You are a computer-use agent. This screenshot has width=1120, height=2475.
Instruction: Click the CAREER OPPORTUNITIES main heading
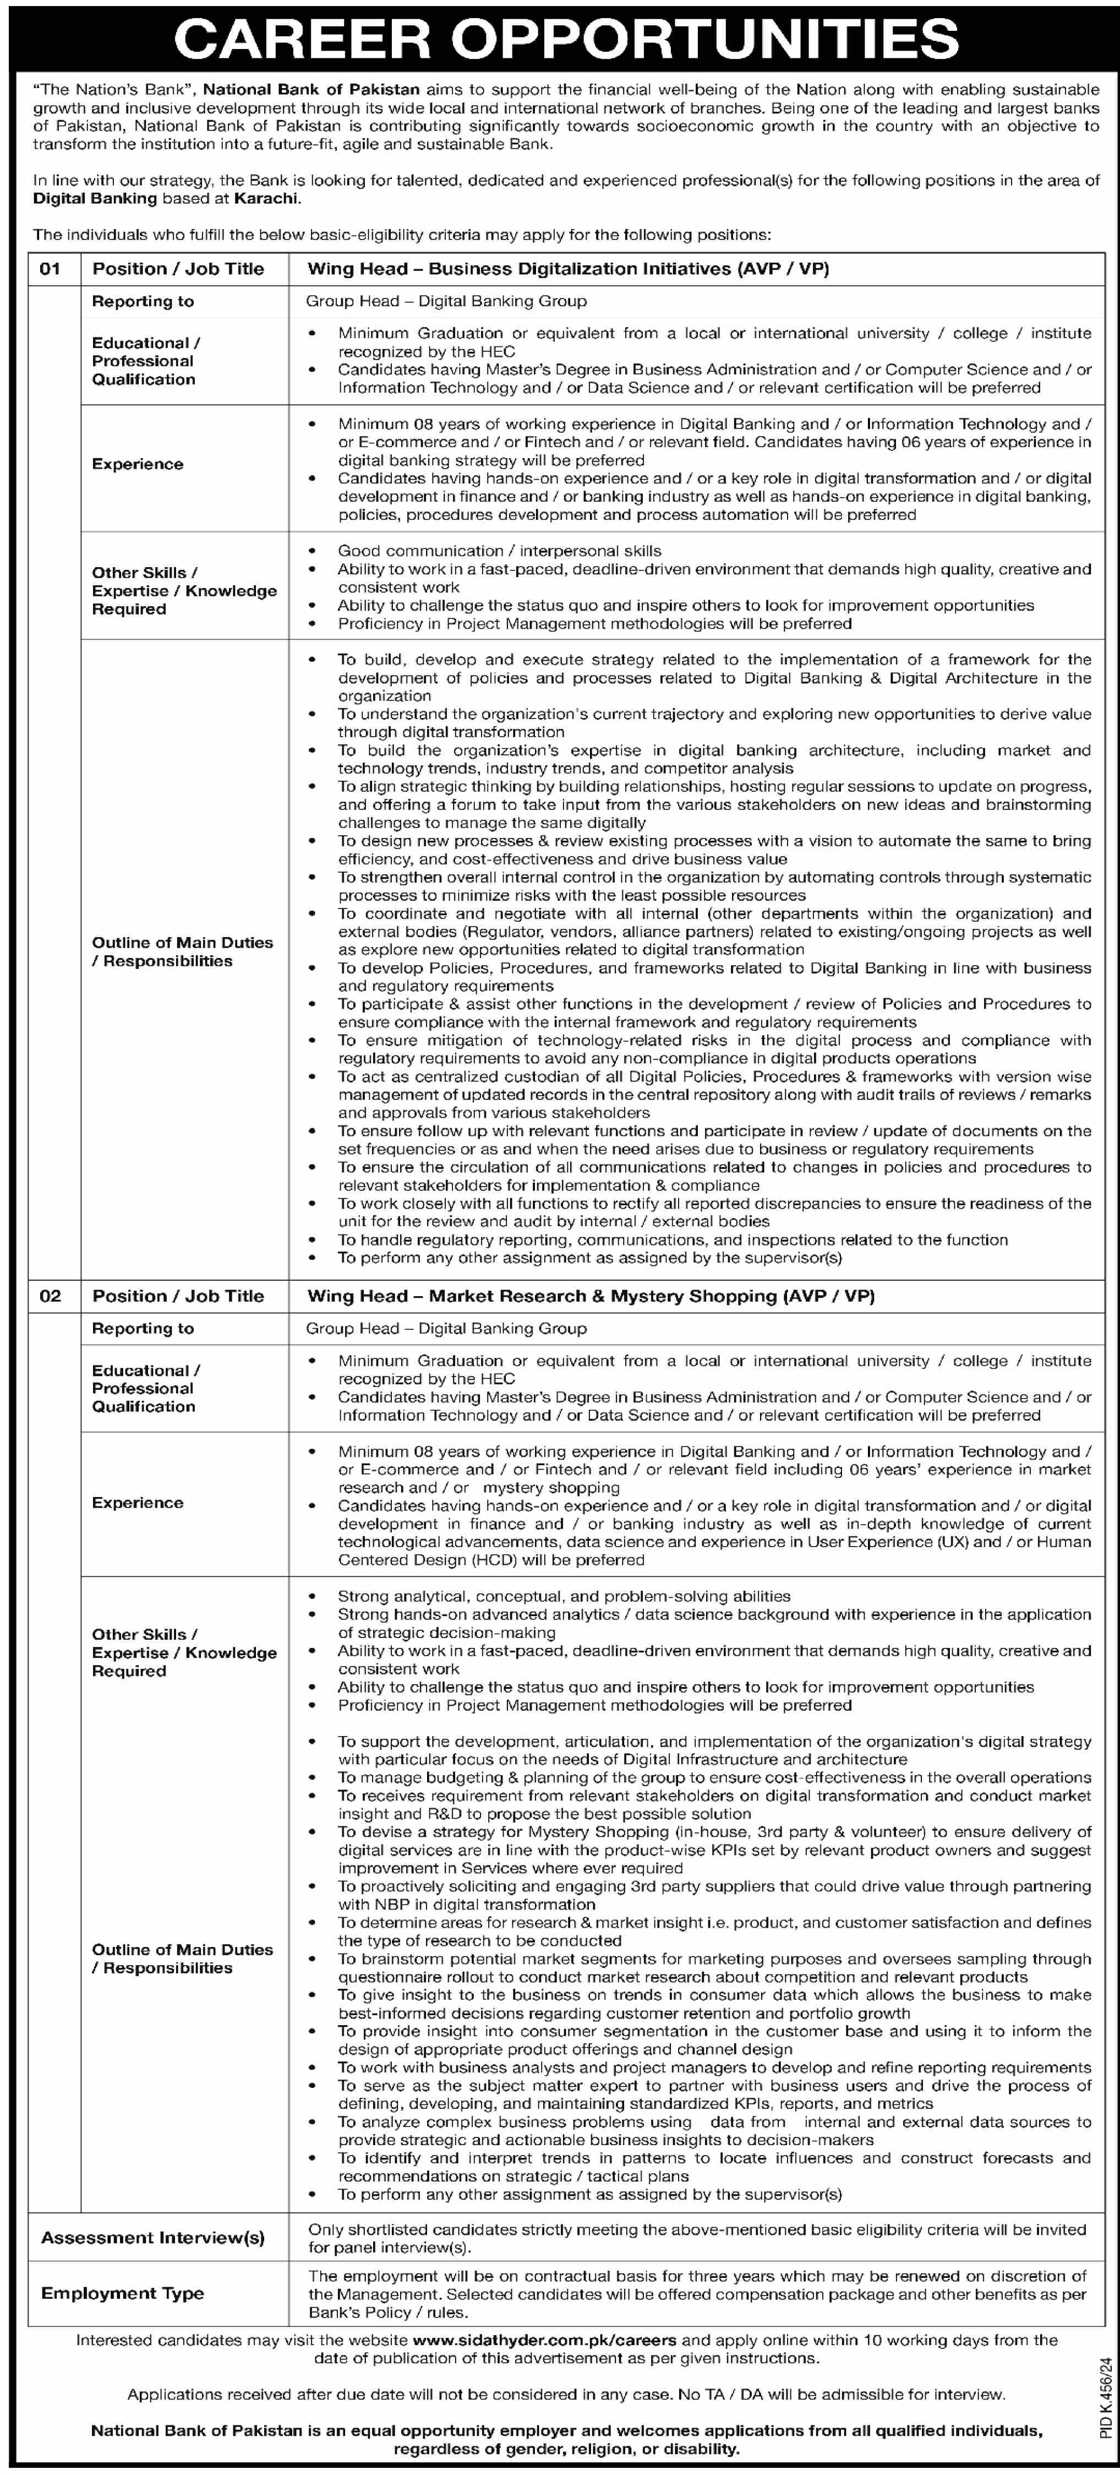pos(567,39)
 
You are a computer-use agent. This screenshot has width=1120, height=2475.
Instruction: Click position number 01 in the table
pos(50,269)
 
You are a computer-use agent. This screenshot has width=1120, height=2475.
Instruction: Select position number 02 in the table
pos(50,1296)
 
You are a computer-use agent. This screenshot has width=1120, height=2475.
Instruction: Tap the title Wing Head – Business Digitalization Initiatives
pos(567,269)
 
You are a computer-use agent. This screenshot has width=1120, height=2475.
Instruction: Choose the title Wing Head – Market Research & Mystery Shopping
pos(591,1296)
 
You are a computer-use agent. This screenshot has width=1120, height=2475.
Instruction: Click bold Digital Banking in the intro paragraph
pos(95,198)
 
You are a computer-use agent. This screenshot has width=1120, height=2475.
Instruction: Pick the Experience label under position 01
pos(138,464)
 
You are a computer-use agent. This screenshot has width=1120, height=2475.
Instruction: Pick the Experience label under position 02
pos(138,1503)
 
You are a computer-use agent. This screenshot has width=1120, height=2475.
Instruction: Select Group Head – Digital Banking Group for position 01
pos(446,301)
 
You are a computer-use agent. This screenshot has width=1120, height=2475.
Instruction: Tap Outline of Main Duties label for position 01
pos(183,951)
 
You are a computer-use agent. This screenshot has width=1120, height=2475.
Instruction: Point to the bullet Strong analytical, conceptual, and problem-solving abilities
pos(564,1596)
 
